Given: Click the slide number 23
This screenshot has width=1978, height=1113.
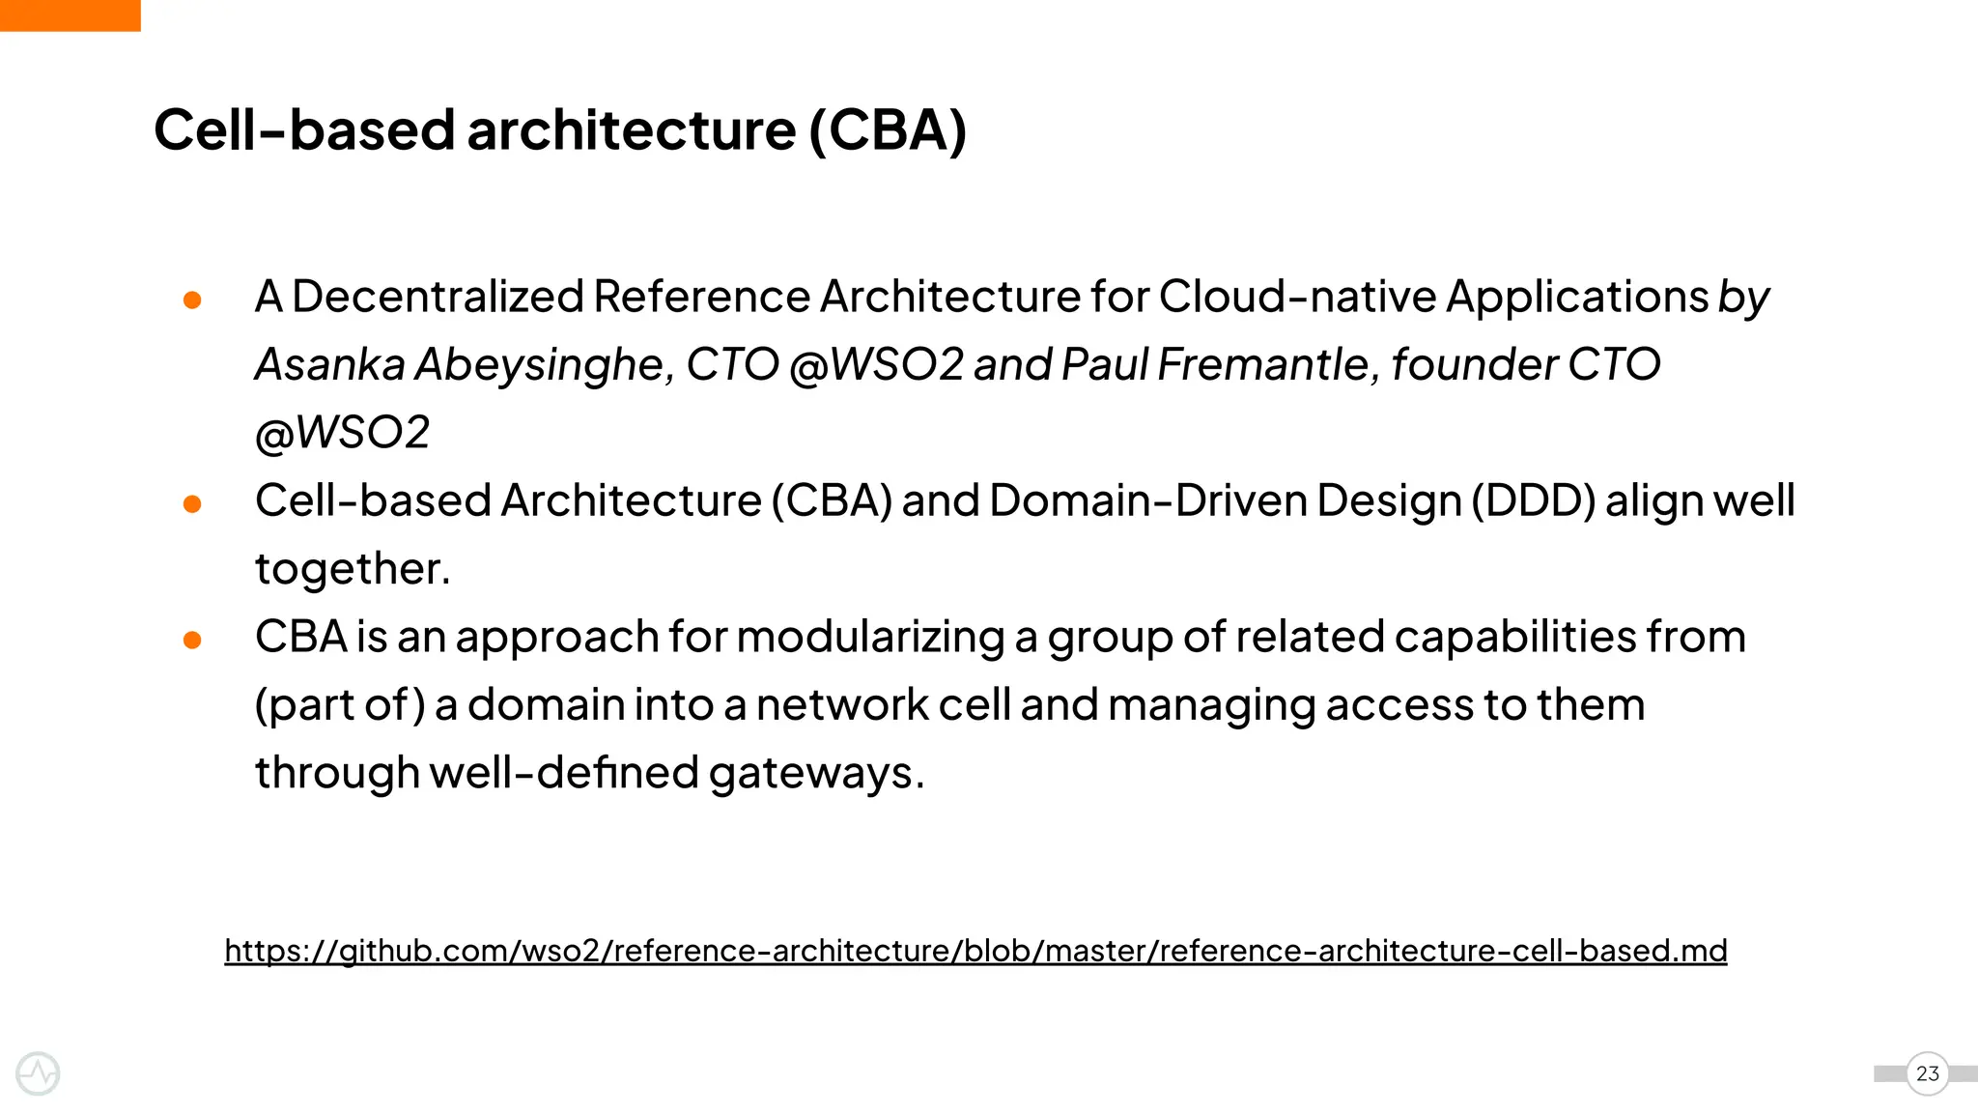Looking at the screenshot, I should pyautogui.click(x=1927, y=1073).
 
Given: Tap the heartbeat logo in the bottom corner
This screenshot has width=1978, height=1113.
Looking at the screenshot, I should pyautogui.click(x=39, y=1073).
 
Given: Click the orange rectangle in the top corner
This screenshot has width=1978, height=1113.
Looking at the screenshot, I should pyautogui.click(x=70, y=15).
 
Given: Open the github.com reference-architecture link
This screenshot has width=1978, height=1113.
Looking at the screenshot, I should pyautogui.click(x=975, y=951).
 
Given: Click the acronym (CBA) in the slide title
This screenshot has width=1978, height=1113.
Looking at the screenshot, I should pyautogui.click(x=887, y=129).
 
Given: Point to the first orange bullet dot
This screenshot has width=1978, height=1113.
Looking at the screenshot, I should pyautogui.click(x=192, y=300).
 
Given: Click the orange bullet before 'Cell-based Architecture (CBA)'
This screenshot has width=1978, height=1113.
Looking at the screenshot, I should pyautogui.click(x=192, y=504).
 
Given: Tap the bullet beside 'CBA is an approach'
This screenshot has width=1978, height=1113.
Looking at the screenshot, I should pyautogui.click(x=192, y=640).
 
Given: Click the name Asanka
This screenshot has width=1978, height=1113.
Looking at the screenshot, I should pyautogui.click(x=330, y=365).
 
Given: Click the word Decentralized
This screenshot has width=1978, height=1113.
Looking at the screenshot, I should pyautogui.click(x=438, y=297).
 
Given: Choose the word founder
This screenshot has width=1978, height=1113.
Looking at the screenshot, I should pyautogui.click(x=1474, y=365).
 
